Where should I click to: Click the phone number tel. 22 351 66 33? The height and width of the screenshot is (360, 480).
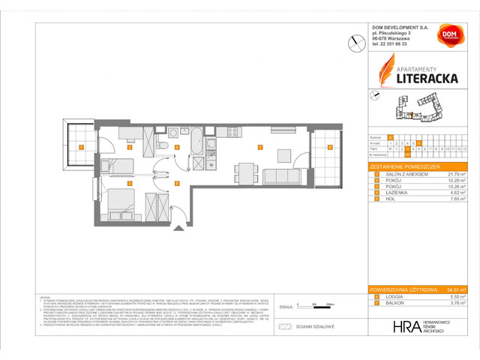point(394,44)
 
